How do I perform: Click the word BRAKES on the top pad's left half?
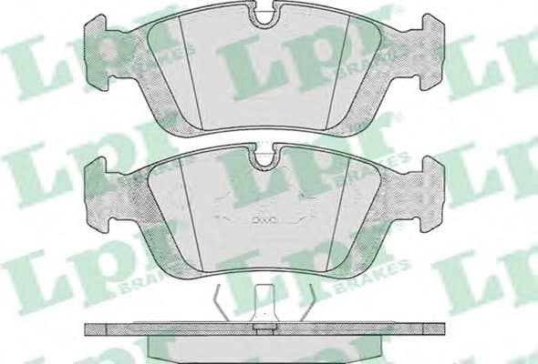(x=160, y=68)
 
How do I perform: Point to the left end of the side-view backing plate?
(x=89, y=331)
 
